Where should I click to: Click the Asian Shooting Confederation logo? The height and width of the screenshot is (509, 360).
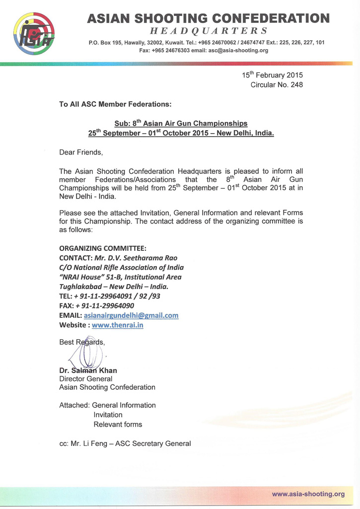click(x=34, y=33)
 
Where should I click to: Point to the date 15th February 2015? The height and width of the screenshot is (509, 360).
click(x=272, y=75)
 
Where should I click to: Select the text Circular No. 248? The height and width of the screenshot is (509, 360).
click(x=277, y=85)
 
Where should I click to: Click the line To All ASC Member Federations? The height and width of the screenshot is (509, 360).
click(x=115, y=104)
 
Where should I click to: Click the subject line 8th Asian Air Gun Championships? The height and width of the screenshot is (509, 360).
click(x=181, y=123)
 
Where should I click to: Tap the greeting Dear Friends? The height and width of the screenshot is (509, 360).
click(x=81, y=152)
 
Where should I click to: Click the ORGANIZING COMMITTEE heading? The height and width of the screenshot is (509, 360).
click(x=103, y=248)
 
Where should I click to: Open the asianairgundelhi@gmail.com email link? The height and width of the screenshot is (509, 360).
click(x=131, y=315)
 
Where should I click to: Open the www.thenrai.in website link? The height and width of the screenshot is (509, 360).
click(x=118, y=325)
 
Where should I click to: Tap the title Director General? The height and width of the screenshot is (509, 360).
click(x=85, y=378)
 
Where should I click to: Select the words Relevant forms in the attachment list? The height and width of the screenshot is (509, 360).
click(x=118, y=425)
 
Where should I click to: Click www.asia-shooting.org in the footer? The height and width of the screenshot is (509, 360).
click(x=308, y=494)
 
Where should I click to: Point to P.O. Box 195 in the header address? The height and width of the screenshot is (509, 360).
click(x=105, y=43)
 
